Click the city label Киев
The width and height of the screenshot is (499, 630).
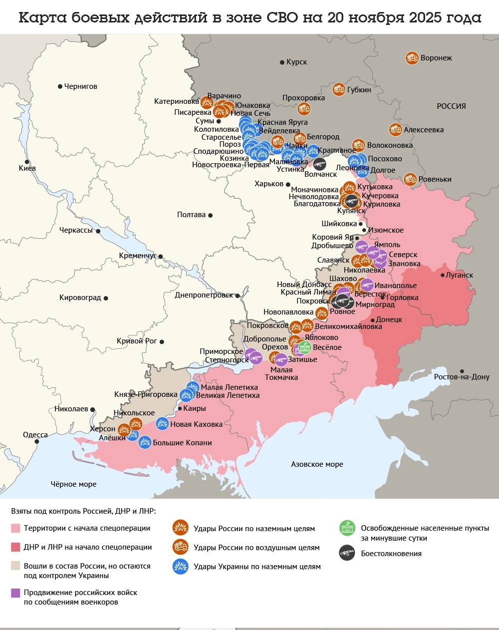[x=27, y=168]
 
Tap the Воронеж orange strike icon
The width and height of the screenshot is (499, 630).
[x=412, y=58]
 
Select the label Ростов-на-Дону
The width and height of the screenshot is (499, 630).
[x=462, y=377]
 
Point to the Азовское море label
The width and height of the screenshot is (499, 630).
[x=317, y=464]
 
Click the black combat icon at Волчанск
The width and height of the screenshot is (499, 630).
[x=319, y=164]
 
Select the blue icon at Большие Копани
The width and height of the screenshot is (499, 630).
[x=145, y=442]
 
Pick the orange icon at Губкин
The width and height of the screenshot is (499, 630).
[x=339, y=89]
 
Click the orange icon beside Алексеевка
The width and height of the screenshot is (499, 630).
[x=396, y=129]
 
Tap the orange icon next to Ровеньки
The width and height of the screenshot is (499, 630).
[x=410, y=179]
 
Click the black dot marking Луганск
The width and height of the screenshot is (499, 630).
[x=443, y=275]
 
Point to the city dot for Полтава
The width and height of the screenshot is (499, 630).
[x=211, y=215]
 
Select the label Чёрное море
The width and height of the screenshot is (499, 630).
[x=73, y=484]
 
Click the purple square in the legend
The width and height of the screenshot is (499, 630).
[x=16, y=593]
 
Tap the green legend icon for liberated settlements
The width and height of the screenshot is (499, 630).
[x=347, y=528]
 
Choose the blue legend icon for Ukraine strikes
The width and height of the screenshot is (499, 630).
[x=180, y=566]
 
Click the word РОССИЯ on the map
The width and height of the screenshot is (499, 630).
[x=451, y=106]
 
